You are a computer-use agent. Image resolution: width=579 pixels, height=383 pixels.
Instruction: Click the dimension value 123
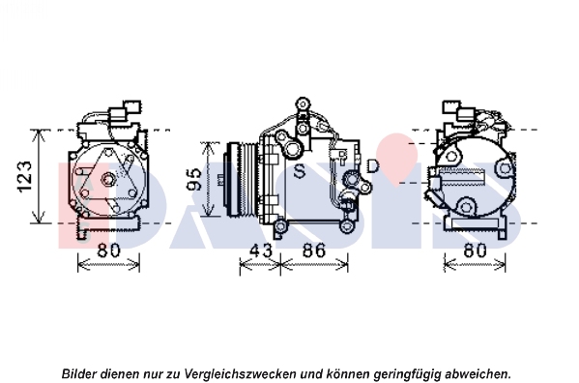[25, 177]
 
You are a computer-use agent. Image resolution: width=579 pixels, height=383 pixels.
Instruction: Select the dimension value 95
[194, 180]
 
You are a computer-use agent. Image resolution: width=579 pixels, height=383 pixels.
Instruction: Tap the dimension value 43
[261, 250]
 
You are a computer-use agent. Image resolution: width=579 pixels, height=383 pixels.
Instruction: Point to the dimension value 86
[314, 250]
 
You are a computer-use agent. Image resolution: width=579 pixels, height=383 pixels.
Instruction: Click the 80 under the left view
[108, 250]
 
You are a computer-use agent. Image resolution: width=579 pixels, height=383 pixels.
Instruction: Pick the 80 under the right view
[475, 250]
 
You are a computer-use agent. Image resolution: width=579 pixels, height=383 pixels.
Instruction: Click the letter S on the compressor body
[300, 171]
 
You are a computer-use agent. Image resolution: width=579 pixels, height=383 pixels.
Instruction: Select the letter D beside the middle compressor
[373, 165]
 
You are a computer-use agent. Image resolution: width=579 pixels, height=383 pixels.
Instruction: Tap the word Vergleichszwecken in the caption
[240, 373]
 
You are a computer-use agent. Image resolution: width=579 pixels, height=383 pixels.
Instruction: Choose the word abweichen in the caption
[478, 373]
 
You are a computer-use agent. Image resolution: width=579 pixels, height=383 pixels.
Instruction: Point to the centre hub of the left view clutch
[108, 180]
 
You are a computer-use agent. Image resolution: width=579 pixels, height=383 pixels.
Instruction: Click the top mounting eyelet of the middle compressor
[303, 103]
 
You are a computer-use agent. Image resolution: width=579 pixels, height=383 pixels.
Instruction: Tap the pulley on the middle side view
[240, 179]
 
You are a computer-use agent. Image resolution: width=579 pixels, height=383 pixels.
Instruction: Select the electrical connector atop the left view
[126, 109]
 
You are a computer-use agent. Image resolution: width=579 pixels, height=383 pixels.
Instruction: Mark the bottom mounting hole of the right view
[466, 206]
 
